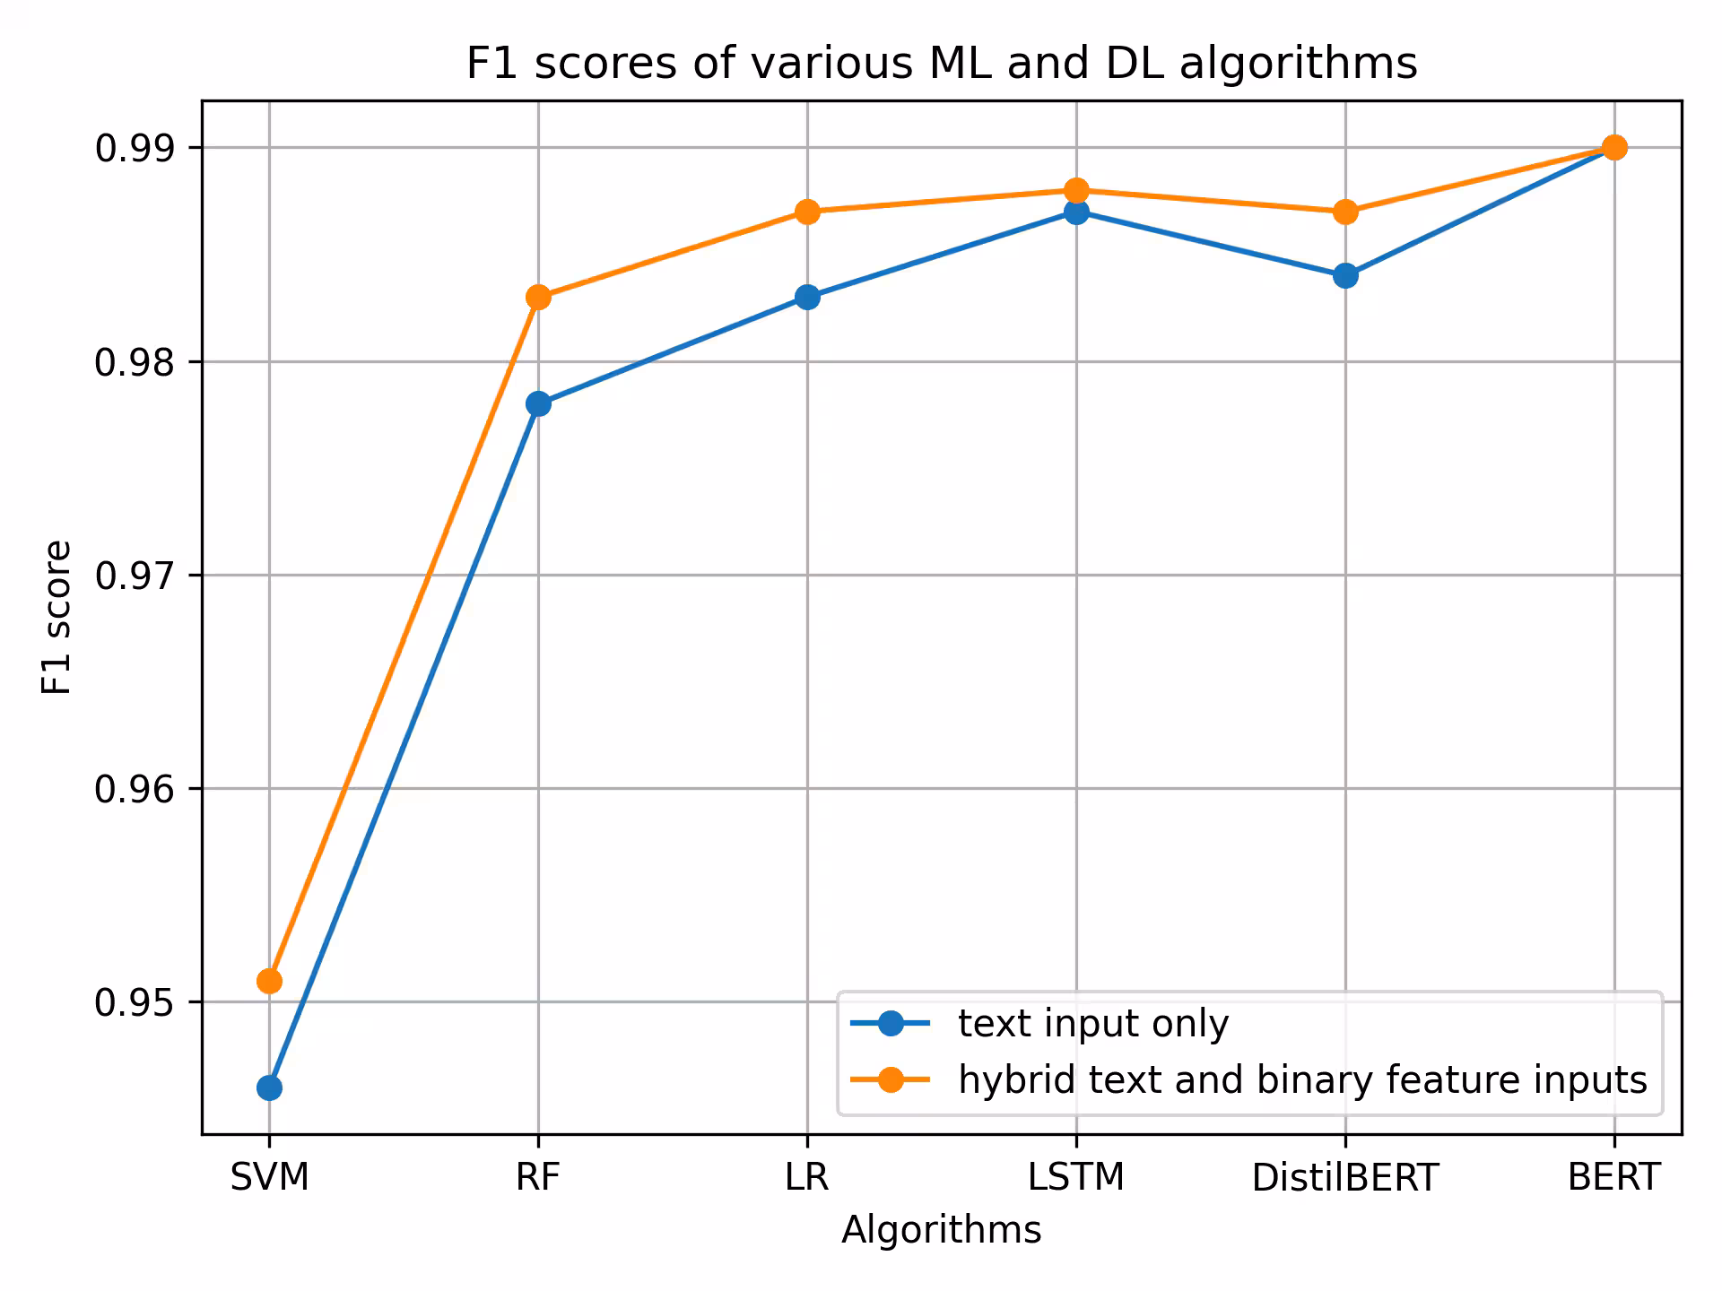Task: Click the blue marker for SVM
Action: pos(269,1088)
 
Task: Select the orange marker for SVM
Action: pos(269,981)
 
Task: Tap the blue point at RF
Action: pos(538,404)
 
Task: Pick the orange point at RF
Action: pos(538,297)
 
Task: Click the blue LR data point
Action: pos(807,297)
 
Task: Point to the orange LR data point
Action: pos(807,212)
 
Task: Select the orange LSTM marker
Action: pos(1076,190)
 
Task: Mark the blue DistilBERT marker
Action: pos(1345,275)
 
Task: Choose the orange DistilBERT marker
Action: pos(1345,212)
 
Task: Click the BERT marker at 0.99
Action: pos(1614,147)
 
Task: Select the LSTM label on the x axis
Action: pos(1076,1177)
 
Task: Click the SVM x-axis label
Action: pos(269,1177)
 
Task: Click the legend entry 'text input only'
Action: pos(1092,1024)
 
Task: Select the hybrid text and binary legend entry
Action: pos(1301,1079)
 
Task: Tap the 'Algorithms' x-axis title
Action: pos(941,1230)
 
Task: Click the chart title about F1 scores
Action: pos(941,64)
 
